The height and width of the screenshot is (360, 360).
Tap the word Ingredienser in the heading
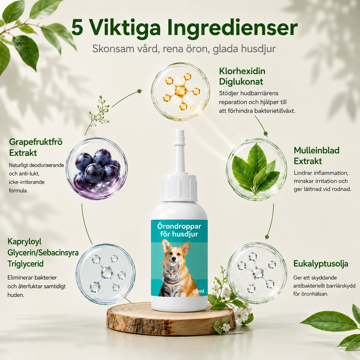click(x=233, y=28)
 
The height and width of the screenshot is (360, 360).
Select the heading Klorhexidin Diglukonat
click(x=242, y=76)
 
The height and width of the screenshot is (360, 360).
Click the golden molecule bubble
click(x=181, y=92)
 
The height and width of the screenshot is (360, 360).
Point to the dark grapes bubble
click(x=96, y=169)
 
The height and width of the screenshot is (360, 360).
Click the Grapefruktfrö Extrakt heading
click(x=36, y=147)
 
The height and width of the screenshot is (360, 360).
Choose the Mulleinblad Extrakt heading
click(x=316, y=156)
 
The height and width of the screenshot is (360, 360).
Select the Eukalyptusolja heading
click(x=321, y=264)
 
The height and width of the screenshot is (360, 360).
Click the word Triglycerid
click(x=26, y=264)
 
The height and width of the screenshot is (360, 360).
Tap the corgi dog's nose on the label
click(x=174, y=259)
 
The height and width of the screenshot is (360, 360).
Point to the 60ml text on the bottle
click(x=198, y=291)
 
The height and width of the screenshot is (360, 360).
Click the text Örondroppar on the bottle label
click(x=179, y=226)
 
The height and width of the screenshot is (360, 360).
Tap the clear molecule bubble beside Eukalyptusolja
click(x=257, y=273)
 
